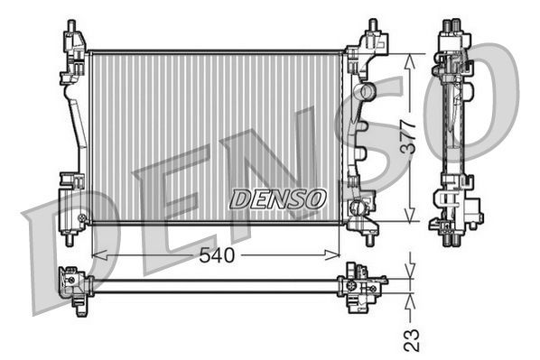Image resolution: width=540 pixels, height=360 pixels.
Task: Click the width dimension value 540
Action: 217,255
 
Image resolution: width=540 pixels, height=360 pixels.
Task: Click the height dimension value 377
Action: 408,136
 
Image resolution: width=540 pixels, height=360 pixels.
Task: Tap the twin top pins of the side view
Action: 449,26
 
